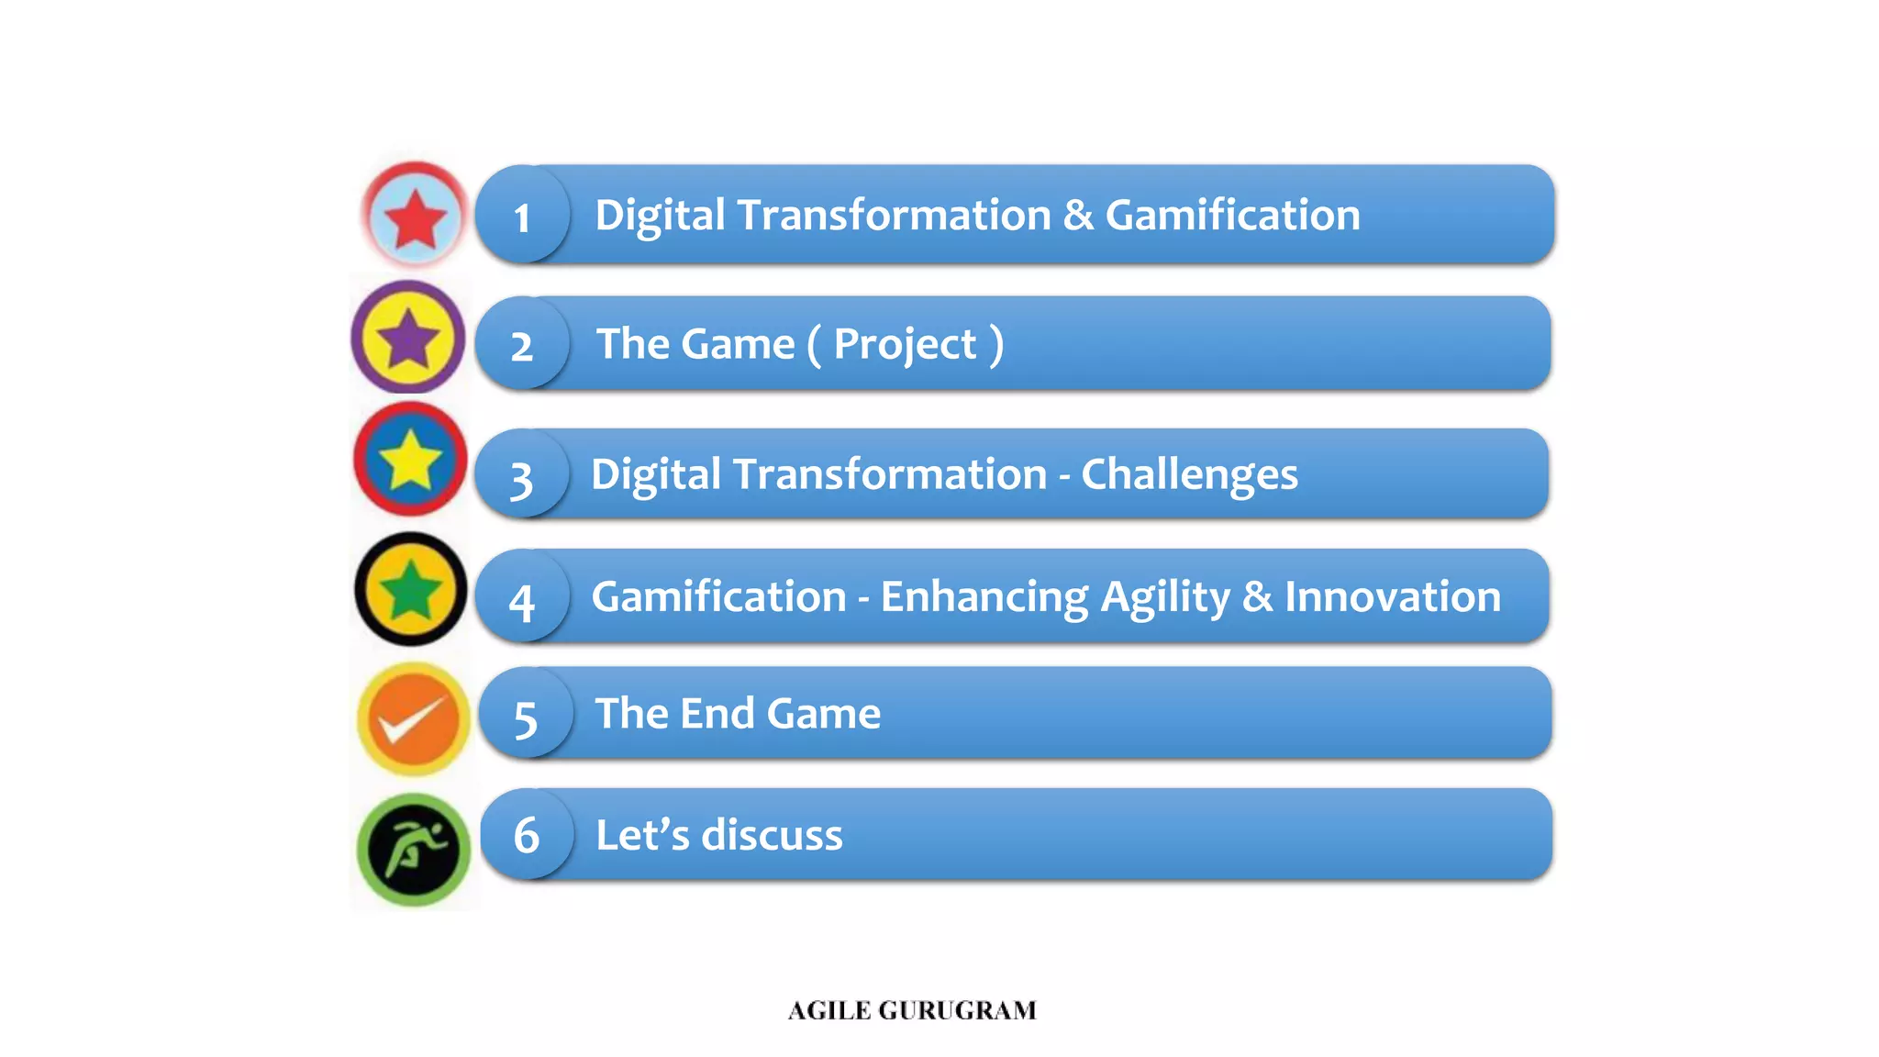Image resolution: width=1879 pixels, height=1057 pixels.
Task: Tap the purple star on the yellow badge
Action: [408, 339]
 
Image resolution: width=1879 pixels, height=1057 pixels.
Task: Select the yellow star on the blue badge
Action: [410, 459]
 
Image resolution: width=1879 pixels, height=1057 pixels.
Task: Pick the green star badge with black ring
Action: [410, 590]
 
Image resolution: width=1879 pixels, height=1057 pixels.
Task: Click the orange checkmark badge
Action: [413, 720]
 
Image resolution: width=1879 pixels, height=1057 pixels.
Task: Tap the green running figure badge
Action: [413, 850]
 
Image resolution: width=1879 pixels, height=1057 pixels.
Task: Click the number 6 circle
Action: [526, 835]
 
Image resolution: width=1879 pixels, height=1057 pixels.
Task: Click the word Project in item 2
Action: [905, 345]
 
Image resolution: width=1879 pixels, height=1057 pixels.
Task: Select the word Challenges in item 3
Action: [1189, 475]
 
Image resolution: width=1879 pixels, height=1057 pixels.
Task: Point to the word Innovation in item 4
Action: [1392, 596]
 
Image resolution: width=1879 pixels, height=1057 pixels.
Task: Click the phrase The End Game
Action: [738, 714]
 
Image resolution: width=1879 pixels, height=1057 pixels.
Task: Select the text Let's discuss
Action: [718, 835]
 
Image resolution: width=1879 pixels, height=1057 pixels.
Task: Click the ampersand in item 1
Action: [1078, 216]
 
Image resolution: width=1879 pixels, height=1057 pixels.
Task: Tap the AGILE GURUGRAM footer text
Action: [912, 1010]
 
